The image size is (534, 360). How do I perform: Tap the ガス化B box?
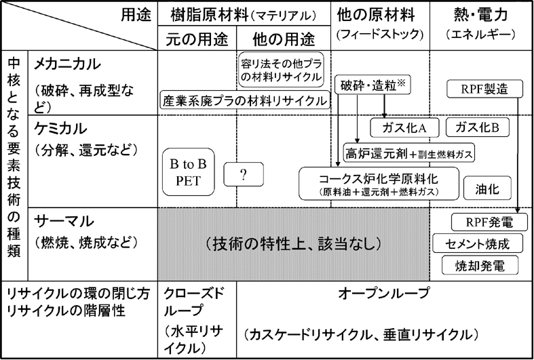pos(478,127)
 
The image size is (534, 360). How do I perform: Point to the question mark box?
pos(242,174)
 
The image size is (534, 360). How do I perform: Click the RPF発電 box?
pos(488,222)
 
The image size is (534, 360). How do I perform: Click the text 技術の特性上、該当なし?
pos(292,242)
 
